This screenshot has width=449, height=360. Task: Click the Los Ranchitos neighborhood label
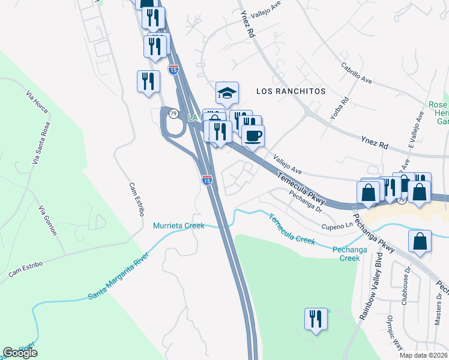291,91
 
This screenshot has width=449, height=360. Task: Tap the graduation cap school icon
228,94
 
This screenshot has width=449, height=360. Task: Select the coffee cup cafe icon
253,136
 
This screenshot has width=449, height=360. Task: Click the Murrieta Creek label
179,226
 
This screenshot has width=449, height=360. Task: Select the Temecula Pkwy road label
302,187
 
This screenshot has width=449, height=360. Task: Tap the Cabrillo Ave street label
358,77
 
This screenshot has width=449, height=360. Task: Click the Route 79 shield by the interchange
173,114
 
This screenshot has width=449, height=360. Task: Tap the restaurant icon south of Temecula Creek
315,319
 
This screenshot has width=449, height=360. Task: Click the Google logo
20,353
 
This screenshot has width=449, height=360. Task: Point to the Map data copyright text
423,355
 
